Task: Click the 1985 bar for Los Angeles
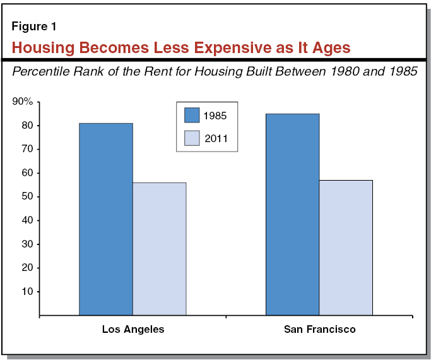(x=106, y=219)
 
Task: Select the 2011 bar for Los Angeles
(x=159, y=248)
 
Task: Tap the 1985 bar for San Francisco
(x=292, y=214)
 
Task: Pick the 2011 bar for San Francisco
(x=345, y=247)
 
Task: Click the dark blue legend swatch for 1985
(x=192, y=116)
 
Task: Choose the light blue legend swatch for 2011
(x=192, y=138)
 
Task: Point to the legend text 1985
(x=215, y=116)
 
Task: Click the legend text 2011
(x=215, y=138)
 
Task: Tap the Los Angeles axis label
(x=133, y=330)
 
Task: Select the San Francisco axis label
(x=319, y=330)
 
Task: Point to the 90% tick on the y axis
(x=23, y=102)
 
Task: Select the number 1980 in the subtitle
(x=339, y=71)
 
